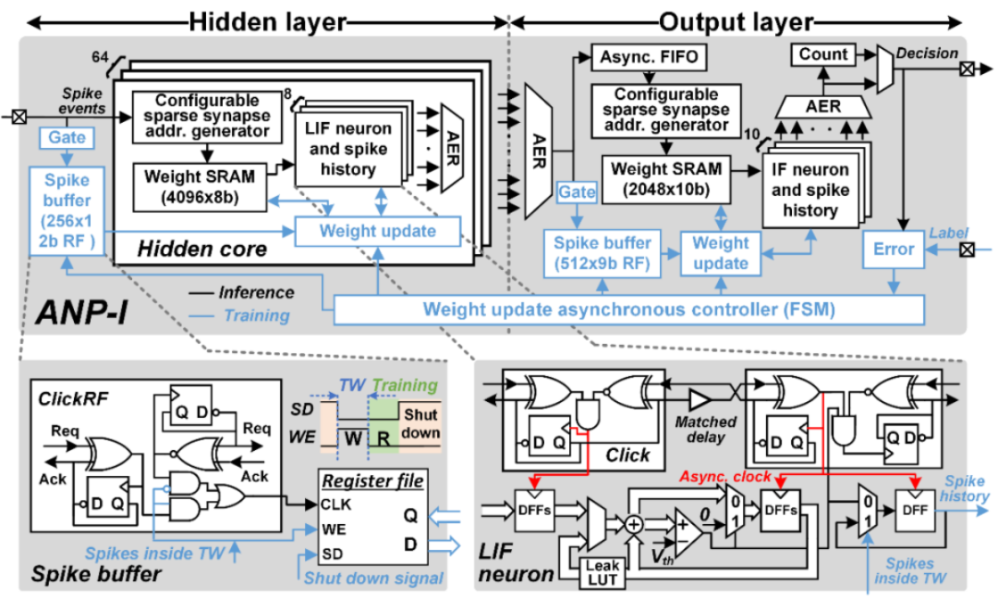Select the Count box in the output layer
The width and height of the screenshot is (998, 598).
coord(823,55)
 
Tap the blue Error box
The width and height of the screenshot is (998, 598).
coord(893,249)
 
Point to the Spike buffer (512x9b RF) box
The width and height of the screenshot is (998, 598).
coord(601,253)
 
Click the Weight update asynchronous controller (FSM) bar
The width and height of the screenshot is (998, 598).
coord(627,309)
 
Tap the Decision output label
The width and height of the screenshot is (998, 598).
coord(927,54)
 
